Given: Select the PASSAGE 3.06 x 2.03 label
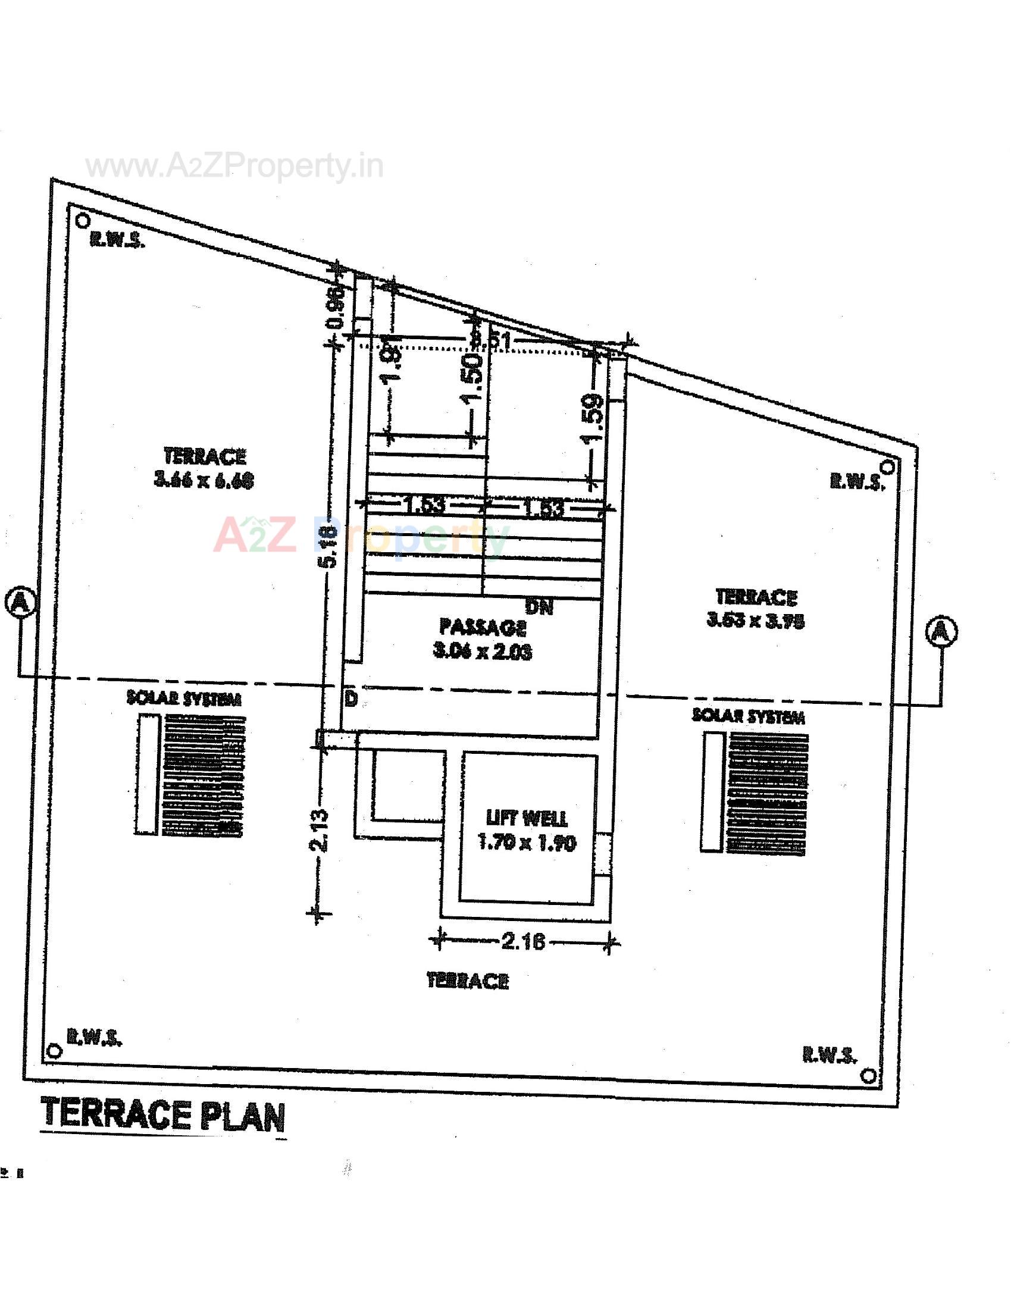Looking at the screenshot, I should click(483, 640).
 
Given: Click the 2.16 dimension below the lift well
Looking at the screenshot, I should click(523, 942).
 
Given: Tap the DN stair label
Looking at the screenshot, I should click(539, 606).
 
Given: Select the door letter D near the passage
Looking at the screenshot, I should click(352, 699).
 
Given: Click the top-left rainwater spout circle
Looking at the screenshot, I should click(82, 221).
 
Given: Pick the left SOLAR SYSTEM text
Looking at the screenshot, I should click(184, 699).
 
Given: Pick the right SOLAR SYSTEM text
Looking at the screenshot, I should click(749, 716).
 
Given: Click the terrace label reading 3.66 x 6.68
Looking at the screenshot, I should click(204, 469).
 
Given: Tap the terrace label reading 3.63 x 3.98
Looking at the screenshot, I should click(756, 609).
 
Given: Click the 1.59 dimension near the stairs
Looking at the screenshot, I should click(593, 419).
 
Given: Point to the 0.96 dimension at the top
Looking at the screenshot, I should click(337, 307).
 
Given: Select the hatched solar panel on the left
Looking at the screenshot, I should click(204, 774).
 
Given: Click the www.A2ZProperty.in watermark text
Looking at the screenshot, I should click(234, 166).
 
